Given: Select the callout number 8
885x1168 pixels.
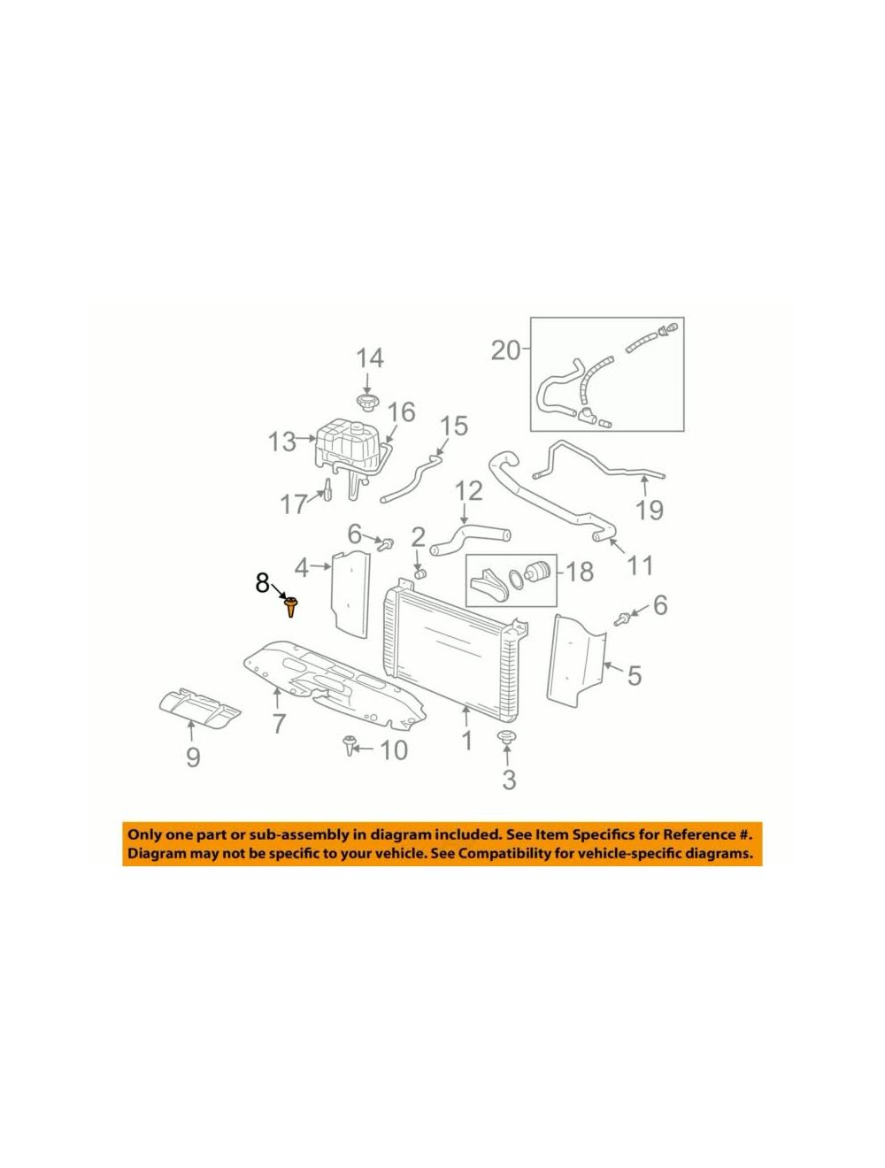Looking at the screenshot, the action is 262,583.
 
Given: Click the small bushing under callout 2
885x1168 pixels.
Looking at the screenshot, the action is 419,574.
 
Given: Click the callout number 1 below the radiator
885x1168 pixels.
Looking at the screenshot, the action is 466,741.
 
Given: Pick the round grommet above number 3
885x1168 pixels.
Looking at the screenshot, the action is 506,738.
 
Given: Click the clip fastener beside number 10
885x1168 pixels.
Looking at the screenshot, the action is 349,745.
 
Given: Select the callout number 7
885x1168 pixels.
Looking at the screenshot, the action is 278,723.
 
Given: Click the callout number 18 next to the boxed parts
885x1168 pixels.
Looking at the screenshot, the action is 579,572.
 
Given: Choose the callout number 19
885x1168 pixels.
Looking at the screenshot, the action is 650,510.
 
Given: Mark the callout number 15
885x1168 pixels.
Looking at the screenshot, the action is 453,426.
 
